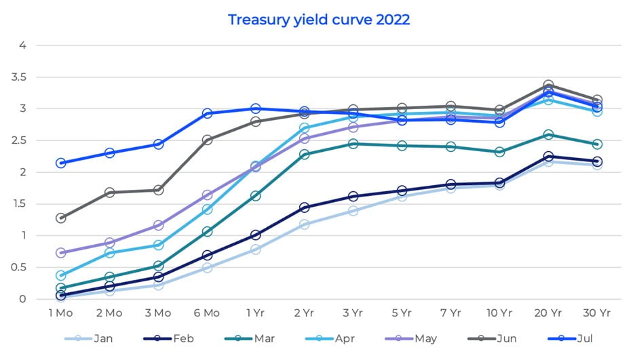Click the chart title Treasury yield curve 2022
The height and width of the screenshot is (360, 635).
coord(318,19)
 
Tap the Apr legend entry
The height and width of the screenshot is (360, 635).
coord(336,338)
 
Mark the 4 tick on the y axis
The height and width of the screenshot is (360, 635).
coord(22,45)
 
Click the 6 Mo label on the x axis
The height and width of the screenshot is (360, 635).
coord(207,313)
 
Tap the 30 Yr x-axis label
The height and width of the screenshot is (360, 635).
coord(596,313)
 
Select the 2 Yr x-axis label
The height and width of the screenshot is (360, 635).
coord(304,313)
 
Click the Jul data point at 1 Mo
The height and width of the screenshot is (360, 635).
coord(61,163)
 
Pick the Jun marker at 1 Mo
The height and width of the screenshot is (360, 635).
coord(61,218)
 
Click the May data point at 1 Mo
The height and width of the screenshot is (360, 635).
coord(61,253)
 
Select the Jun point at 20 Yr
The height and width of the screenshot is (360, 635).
coord(547,85)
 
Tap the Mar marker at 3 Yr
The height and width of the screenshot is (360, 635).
coord(353,144)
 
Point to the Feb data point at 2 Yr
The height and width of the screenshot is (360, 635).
coord(304,207)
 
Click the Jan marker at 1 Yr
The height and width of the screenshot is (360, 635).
coord(256,249)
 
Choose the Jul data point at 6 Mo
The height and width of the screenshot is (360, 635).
coord(207,113)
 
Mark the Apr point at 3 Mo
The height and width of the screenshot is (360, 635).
coord(158,245)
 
